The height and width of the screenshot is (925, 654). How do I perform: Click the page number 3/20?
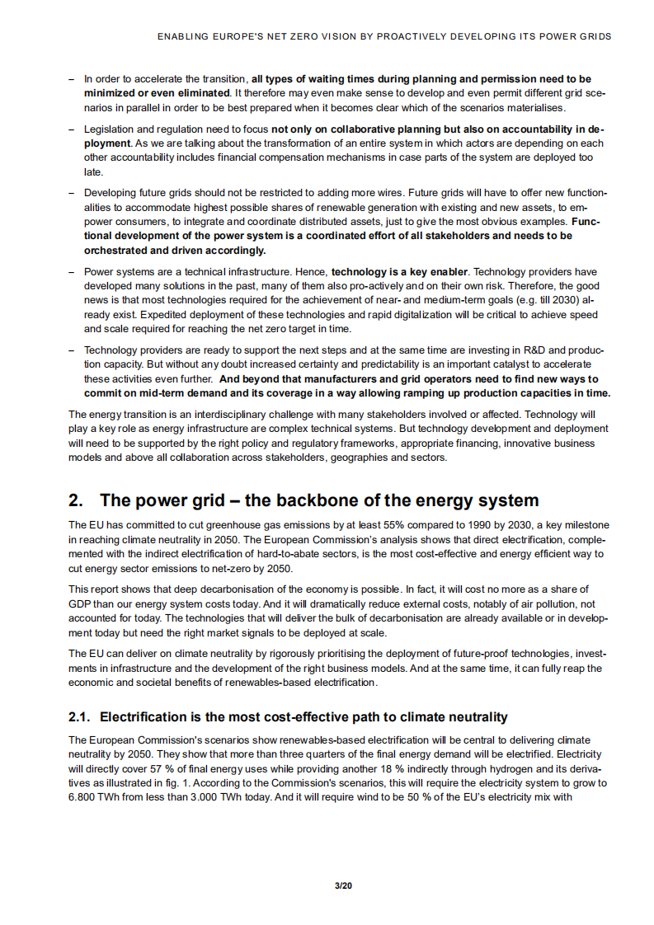(343, 885)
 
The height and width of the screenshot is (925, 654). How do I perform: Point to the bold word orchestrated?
(116, 250)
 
